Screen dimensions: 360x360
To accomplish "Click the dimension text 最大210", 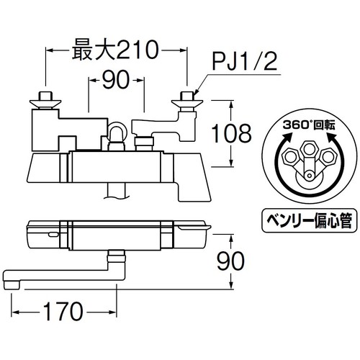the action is tap(115, 50).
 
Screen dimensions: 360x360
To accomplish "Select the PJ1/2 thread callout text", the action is tap(245, 61).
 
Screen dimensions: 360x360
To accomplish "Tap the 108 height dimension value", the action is tap(231, 133).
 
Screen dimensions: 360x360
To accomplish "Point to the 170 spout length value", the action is tap(63, 311).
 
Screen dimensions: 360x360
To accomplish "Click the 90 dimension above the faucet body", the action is tap(116, 80).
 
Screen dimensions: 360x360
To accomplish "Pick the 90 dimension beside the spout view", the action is tap(230, 261).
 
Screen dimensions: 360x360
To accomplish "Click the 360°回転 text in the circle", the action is tap(309, 125).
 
